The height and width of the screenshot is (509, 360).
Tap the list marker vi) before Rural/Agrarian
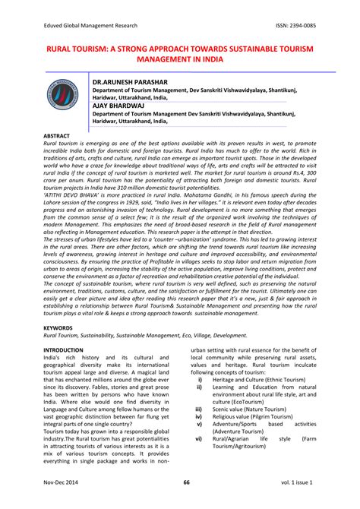[x=198, y=460]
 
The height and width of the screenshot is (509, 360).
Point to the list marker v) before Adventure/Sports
[x=198, y=447]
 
